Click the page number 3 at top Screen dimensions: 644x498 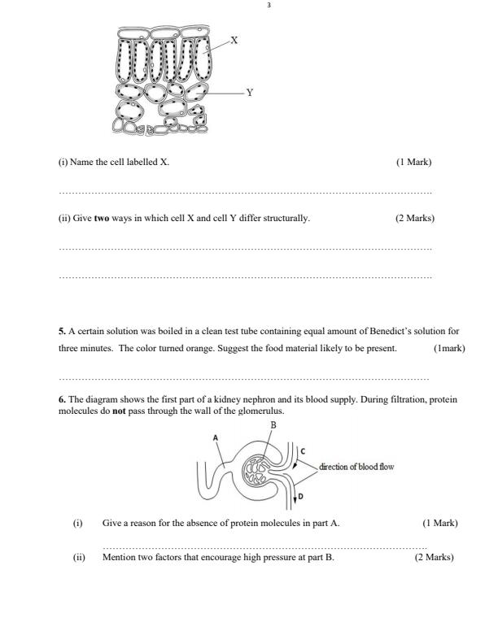(269, 6)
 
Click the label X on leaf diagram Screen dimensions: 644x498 (234, 39)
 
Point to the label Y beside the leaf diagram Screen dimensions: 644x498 (249, 93)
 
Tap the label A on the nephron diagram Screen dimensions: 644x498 (215, 437)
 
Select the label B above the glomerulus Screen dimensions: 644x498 (273, 425)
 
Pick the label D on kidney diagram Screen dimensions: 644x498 (301, 496)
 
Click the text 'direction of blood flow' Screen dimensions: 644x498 (356, 467)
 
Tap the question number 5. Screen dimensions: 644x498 (62, 332)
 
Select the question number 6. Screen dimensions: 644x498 (62, 400)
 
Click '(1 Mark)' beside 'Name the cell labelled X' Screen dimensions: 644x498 (413, 162)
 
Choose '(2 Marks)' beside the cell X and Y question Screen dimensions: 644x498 (415, 218)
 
